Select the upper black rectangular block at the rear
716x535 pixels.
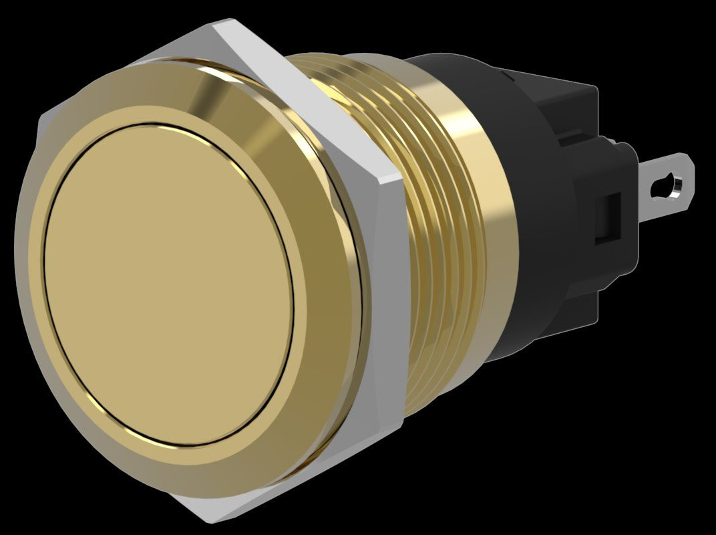click(x=568, y=100)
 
